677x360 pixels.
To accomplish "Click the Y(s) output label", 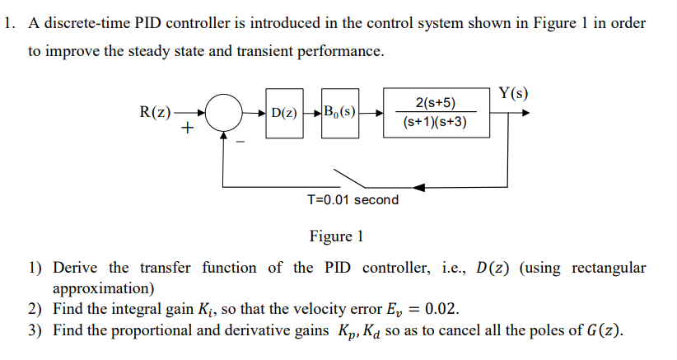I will (x=514, y=92).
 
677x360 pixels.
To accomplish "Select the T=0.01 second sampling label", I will (x=352, y=199).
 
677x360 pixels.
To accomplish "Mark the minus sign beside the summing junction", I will (x=240, y=141).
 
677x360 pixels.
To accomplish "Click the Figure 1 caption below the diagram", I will (x=336, y=236).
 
